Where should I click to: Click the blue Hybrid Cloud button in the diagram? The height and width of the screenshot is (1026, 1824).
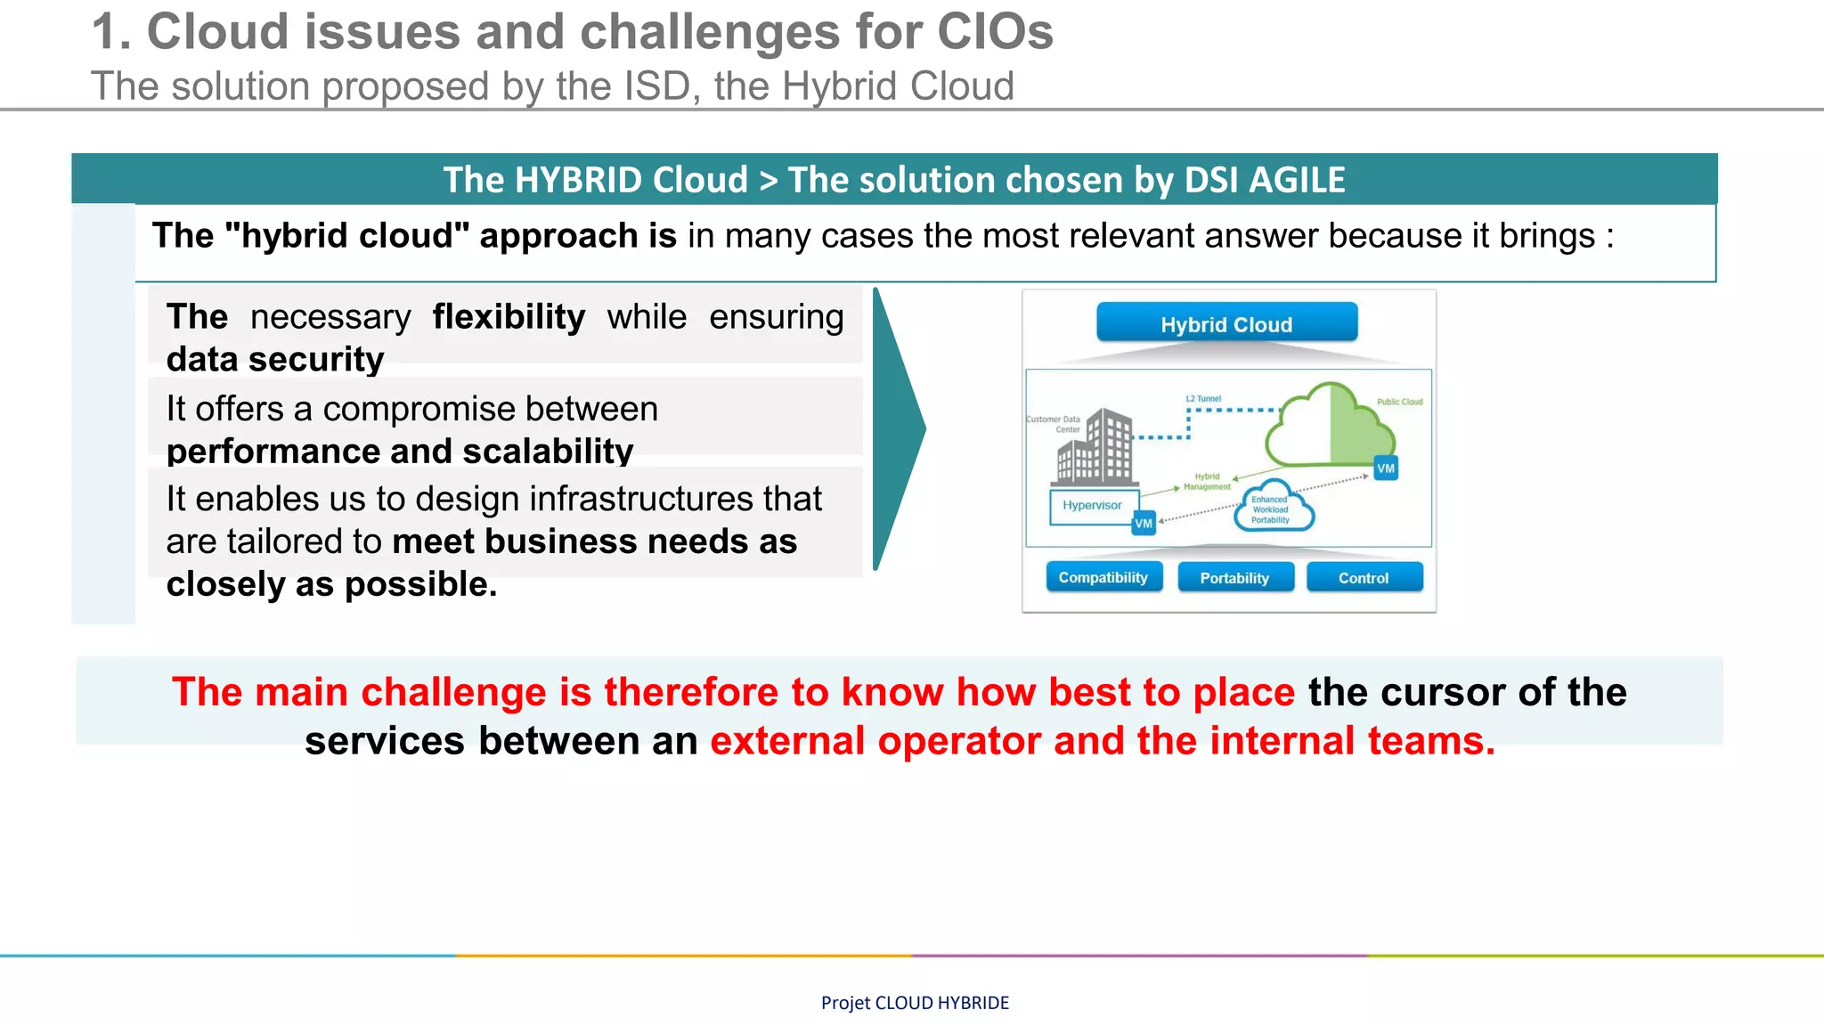tap(1226, 323)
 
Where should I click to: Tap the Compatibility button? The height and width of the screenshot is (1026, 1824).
tap(1103, 577)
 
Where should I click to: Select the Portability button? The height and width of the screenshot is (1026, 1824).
tap(1234, 578)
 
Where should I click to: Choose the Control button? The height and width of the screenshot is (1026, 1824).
tap(1364, 578)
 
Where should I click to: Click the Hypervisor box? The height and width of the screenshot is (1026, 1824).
tap(1092, 506)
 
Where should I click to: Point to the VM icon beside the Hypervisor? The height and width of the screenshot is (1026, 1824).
tap(1144, 524)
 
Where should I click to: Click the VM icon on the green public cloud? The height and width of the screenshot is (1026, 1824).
tap(1386, 468)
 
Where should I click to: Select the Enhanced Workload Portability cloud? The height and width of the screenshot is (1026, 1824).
tap(1273, 509)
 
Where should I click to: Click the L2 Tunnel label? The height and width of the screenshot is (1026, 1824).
tap(1203, 399)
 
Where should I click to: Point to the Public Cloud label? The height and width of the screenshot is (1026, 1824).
tap(1399, 402)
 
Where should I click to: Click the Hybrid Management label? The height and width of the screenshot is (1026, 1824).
tap(1207, 482)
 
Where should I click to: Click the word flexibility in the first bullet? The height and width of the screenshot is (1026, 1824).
tap(509, 317)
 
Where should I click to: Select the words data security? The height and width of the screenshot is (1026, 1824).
tap(274, 360)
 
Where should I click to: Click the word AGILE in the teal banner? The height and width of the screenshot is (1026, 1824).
tap(1297, 180)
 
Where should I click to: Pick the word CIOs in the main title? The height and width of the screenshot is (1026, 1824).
tap(994, 32)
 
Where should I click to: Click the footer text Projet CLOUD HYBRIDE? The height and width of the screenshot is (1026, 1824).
tap(915, 1003)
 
